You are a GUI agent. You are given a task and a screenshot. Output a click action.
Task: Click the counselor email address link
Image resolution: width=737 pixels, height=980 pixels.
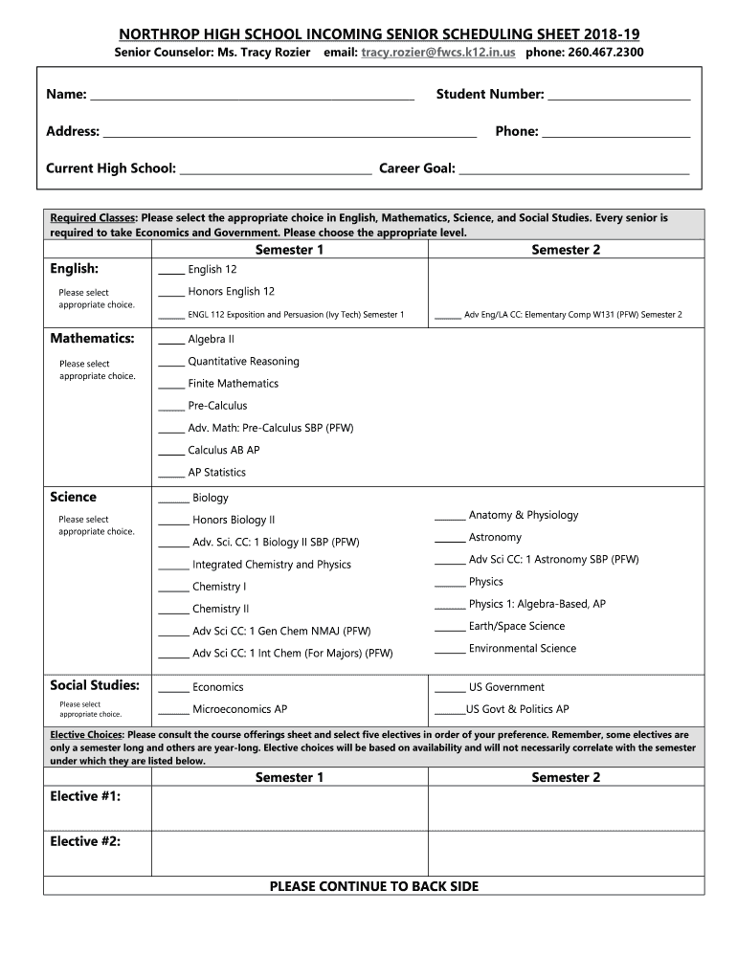click(x=437, y=52)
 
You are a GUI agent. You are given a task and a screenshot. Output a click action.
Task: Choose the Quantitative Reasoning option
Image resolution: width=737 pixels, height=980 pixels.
click(x=243, y=362)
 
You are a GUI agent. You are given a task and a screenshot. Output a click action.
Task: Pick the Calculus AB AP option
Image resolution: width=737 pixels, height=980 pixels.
click(x=223, y=450)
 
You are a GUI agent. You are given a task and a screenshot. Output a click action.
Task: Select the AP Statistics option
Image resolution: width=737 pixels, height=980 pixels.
click(x=216, y=472)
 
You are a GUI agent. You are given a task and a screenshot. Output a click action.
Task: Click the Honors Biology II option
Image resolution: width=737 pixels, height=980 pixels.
click(x=233, y=520)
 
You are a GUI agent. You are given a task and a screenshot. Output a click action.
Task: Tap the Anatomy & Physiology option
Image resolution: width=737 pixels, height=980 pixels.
click(x=523, y=515)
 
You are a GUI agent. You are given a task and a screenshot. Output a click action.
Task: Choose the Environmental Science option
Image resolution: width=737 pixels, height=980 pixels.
click(x=522, y=648)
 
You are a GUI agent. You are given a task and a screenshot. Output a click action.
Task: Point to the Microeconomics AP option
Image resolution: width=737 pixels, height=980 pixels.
click(x=239, y=709)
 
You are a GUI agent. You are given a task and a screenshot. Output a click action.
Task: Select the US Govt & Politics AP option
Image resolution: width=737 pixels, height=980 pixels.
click(x=517, y=709)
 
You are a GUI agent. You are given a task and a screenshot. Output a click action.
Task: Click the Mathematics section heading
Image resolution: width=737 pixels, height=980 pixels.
click(x=92, y=339)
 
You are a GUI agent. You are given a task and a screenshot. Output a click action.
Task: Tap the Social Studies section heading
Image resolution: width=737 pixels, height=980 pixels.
click(x=95, y=685)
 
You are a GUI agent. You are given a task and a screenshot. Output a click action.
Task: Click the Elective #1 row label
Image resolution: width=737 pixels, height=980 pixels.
click(x=85, y=796)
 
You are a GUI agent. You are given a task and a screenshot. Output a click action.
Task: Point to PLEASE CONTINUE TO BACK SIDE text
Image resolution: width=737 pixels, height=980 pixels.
click(x=374, y=886)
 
